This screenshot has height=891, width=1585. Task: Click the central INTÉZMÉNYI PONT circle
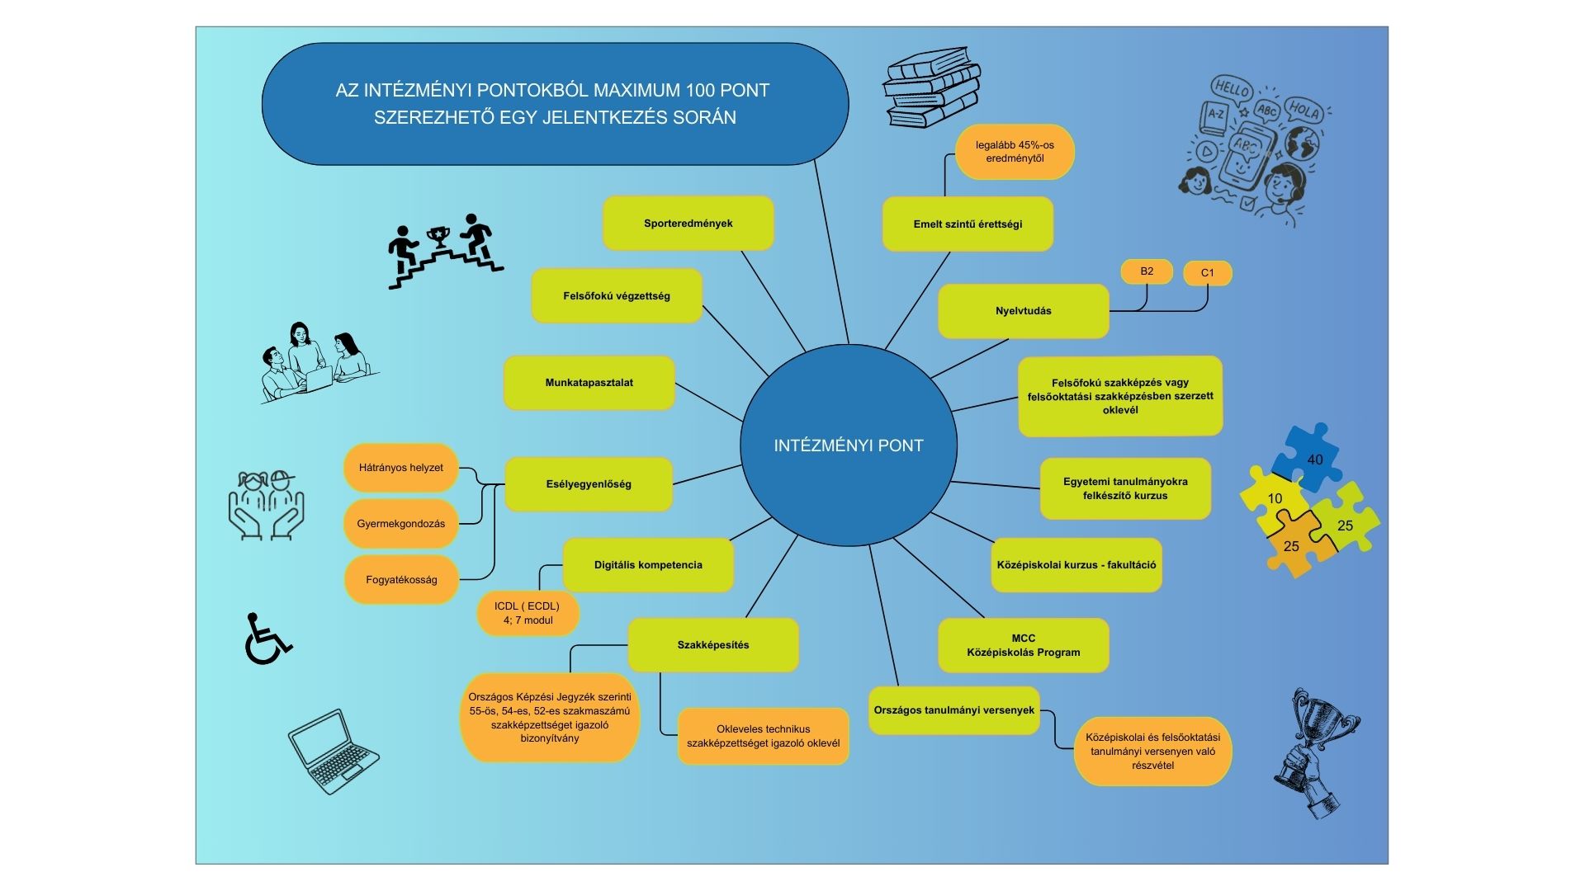848,445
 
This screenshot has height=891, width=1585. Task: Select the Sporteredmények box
688,224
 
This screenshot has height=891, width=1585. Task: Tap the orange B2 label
1147,271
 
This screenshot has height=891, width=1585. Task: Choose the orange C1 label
1207,273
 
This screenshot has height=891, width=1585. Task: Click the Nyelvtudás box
1023,311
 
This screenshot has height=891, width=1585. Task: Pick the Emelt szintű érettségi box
968,224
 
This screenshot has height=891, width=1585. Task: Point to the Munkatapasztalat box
589,383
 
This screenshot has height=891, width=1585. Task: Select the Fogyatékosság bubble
401,580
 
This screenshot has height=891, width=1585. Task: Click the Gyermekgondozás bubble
400,524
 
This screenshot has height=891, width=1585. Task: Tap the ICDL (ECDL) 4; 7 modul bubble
528,614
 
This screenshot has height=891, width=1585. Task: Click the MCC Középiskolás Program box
1023,645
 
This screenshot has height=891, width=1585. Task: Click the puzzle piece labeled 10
1274,500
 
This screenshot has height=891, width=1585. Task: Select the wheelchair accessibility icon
267,639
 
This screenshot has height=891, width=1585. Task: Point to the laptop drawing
333,751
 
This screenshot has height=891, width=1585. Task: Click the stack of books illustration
931,87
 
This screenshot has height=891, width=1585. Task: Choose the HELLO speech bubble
1232,88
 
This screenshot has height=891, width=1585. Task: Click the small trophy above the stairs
438,237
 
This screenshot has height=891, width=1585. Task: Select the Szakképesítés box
712,645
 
